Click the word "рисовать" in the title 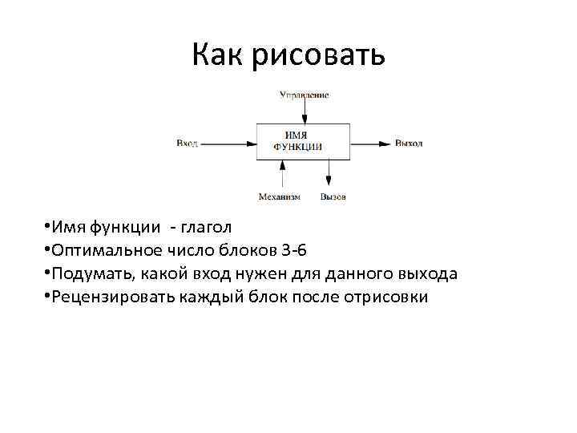pos(320,56)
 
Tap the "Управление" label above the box pos(304,95)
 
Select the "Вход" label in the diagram pos(187,144)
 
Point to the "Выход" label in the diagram pos(408,144)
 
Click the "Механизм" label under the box pos(279,196)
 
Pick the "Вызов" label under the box pos(333,196)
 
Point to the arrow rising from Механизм pos(282,174)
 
